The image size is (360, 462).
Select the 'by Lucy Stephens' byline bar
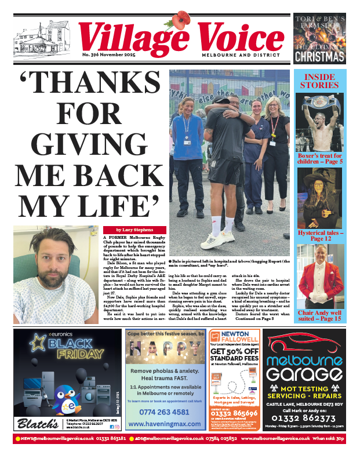pyautogui.click(x=134, y=230)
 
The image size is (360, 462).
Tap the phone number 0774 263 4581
pyautogui.click(x=165, y=412)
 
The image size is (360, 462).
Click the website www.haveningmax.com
pyautogui.click(x=165, y=425)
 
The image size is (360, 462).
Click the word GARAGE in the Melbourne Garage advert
pyautogui.click(x=308, y=373)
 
